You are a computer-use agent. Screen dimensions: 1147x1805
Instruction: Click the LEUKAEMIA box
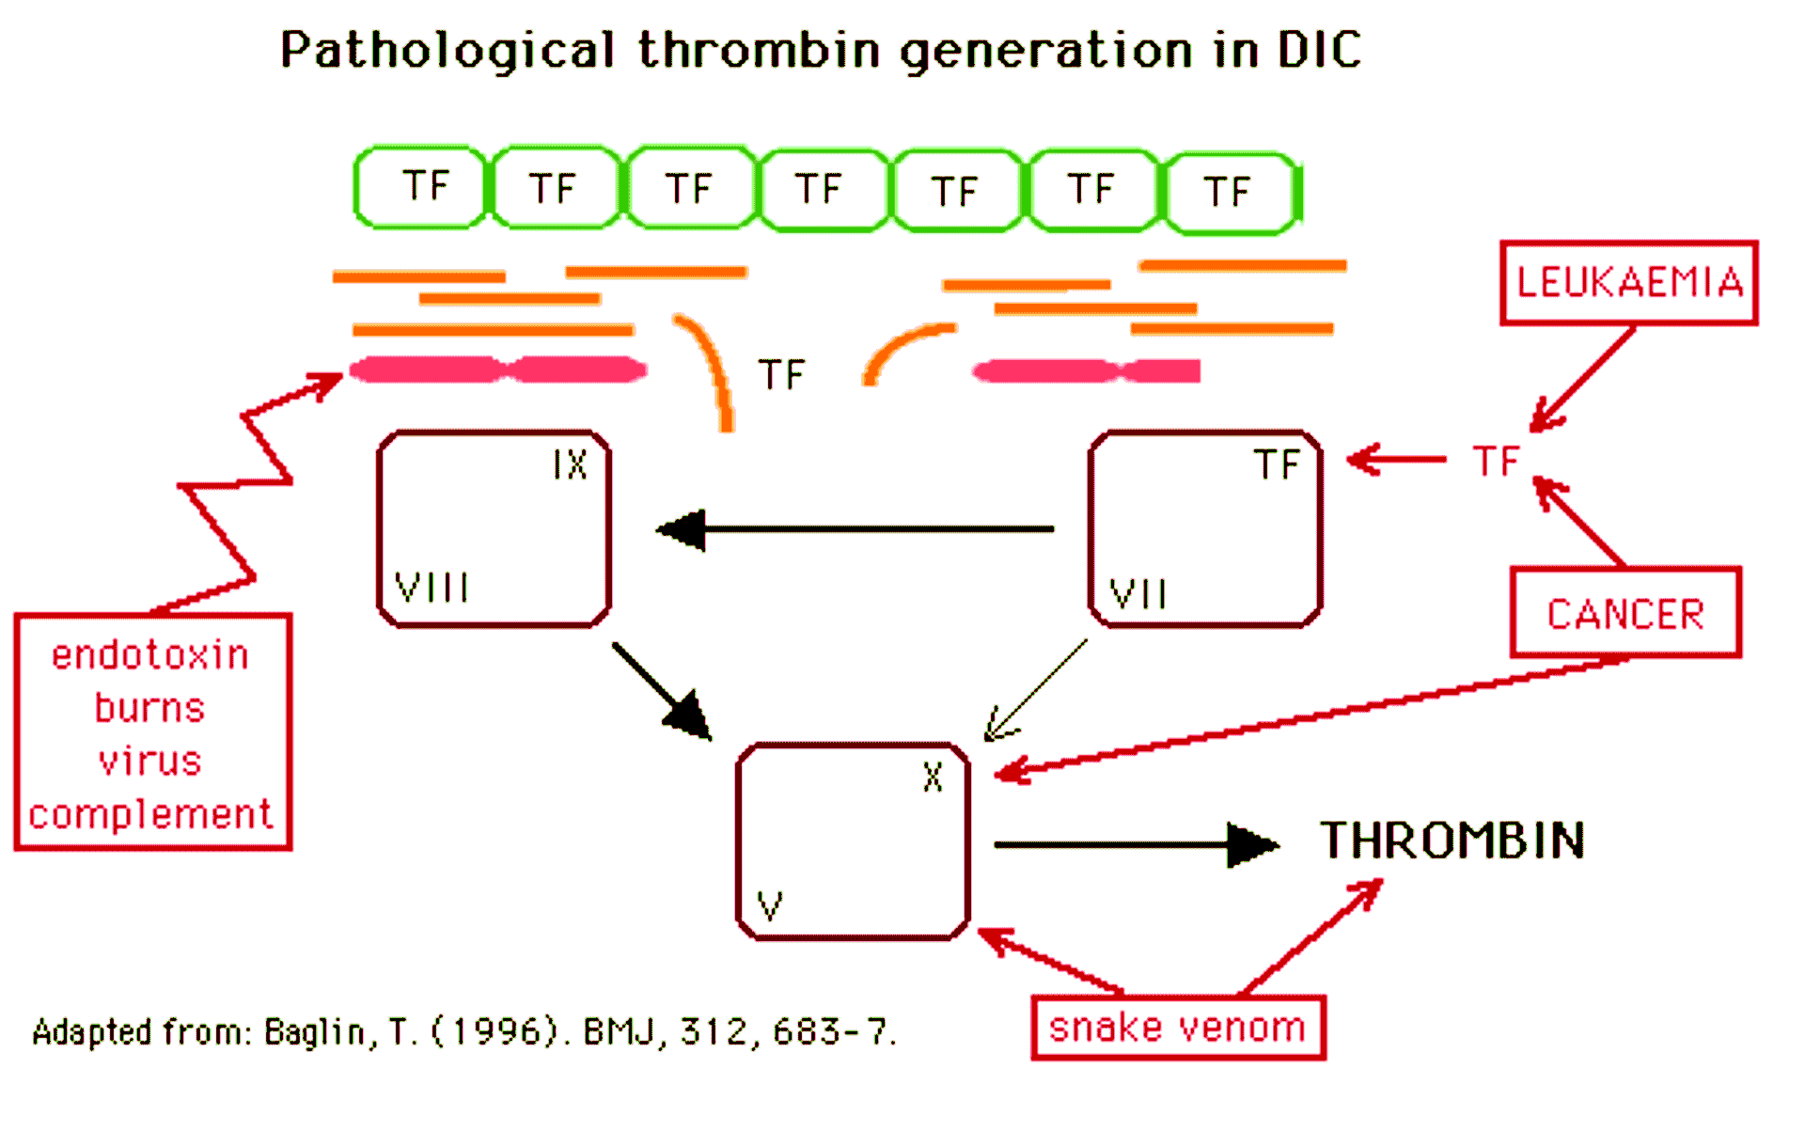coord(1628,282)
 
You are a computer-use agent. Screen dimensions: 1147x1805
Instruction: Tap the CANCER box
coord(1625,613)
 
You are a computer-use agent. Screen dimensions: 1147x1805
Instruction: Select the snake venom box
coord(1177,1027)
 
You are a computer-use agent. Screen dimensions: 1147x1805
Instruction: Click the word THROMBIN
coord(1452,840)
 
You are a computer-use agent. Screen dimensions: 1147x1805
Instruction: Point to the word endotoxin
coord(150,654)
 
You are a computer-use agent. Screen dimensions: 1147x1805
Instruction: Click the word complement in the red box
coord(150,814)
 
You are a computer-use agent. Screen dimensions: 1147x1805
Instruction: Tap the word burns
coord(150,707)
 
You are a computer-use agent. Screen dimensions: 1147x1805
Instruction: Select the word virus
coord(150,761)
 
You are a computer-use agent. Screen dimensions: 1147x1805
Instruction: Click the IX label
coord(570,464)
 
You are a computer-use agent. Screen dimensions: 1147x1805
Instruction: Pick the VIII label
coord(432,589)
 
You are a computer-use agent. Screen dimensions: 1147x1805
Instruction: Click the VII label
coord(1138,594)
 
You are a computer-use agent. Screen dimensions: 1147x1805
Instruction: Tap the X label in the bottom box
coord(932,778)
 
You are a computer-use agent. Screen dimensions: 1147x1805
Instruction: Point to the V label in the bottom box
coord(770,906)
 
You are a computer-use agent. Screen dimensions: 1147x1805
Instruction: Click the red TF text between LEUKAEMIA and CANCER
coord(1495,461)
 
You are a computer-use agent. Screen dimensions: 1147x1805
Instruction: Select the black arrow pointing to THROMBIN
coord(1138,844)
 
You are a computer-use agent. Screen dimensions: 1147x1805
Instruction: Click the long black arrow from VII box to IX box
coord(855,529)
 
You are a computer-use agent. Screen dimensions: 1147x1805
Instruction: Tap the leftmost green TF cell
coord(420,186)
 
